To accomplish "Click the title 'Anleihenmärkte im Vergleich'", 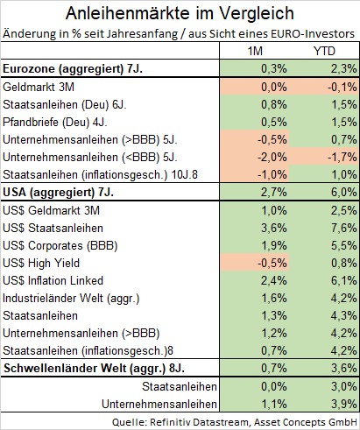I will [x=180, y=14].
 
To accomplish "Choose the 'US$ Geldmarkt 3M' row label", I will [x=53, y=210].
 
